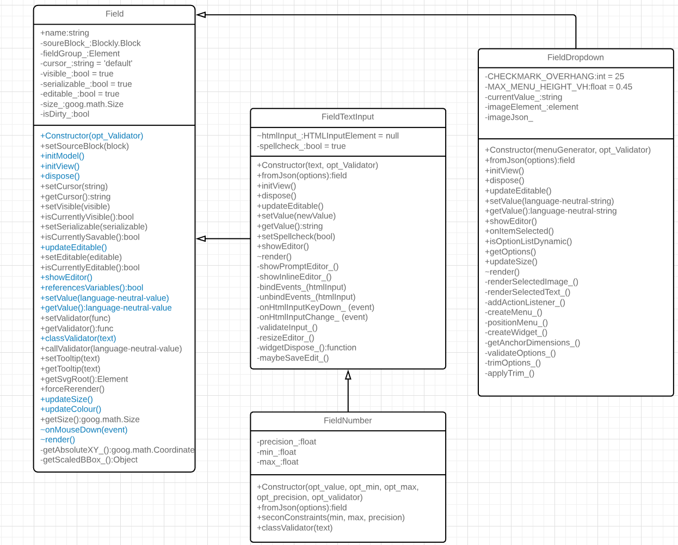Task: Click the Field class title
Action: pos(114,14)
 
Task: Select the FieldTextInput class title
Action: pos(348,117)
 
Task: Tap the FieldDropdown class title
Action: pos(575,58)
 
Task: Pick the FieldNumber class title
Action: pos(348,421)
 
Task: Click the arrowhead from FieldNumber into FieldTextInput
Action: pos(348,375)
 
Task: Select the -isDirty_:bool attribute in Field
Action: pos(65,114)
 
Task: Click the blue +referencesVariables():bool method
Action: pos(91,288)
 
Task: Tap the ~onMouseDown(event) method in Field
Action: pos(84,430)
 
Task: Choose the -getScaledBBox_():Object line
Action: pos(89,460)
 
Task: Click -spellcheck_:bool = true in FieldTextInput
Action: pos(301,146)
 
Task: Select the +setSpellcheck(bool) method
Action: pos(296,237)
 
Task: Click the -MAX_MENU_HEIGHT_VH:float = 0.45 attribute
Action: pos(558,87)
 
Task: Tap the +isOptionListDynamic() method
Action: pos(528,242)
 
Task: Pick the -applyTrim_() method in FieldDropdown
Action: pos(509,373)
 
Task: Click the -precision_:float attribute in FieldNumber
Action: pos(286,442)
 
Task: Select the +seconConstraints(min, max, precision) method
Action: pos(331,518)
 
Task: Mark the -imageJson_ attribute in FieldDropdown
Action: pos(509,118)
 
